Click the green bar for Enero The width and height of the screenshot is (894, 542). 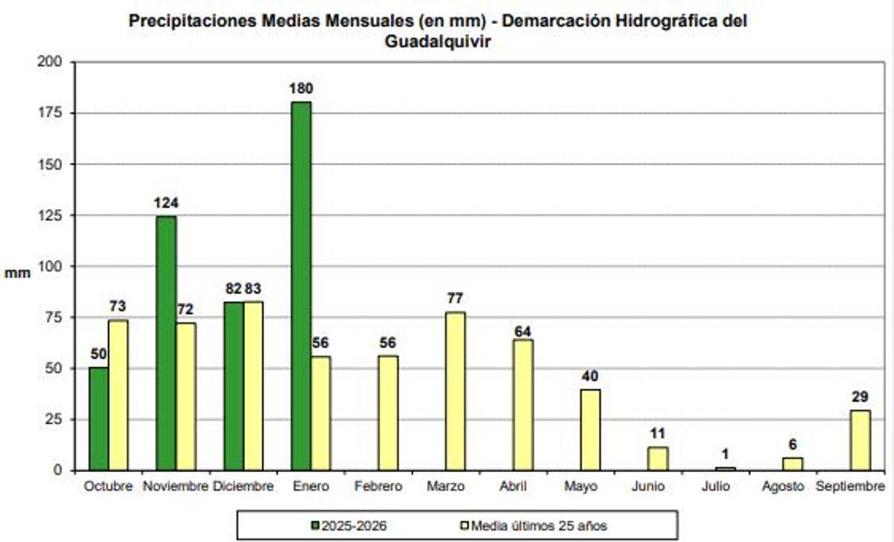(301, 286)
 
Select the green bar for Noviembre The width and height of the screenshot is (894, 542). (166, 343)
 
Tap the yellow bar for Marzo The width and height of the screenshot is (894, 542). (455, 391)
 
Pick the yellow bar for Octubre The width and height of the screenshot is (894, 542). (118, 395)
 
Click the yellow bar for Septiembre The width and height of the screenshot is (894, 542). (860, 440)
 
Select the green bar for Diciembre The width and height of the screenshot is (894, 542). (234, 386)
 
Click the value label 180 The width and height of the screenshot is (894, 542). (302, 89)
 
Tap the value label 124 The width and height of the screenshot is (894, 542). (166, 203)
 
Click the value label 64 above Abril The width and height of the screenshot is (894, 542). (523, 331)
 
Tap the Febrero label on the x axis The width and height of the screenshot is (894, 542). (378, 487)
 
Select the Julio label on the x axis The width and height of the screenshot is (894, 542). (715, 487)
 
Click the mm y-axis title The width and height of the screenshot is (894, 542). (18, 273)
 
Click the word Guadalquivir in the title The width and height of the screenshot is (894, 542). (438, 42)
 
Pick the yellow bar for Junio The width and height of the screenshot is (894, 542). (658, 459)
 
